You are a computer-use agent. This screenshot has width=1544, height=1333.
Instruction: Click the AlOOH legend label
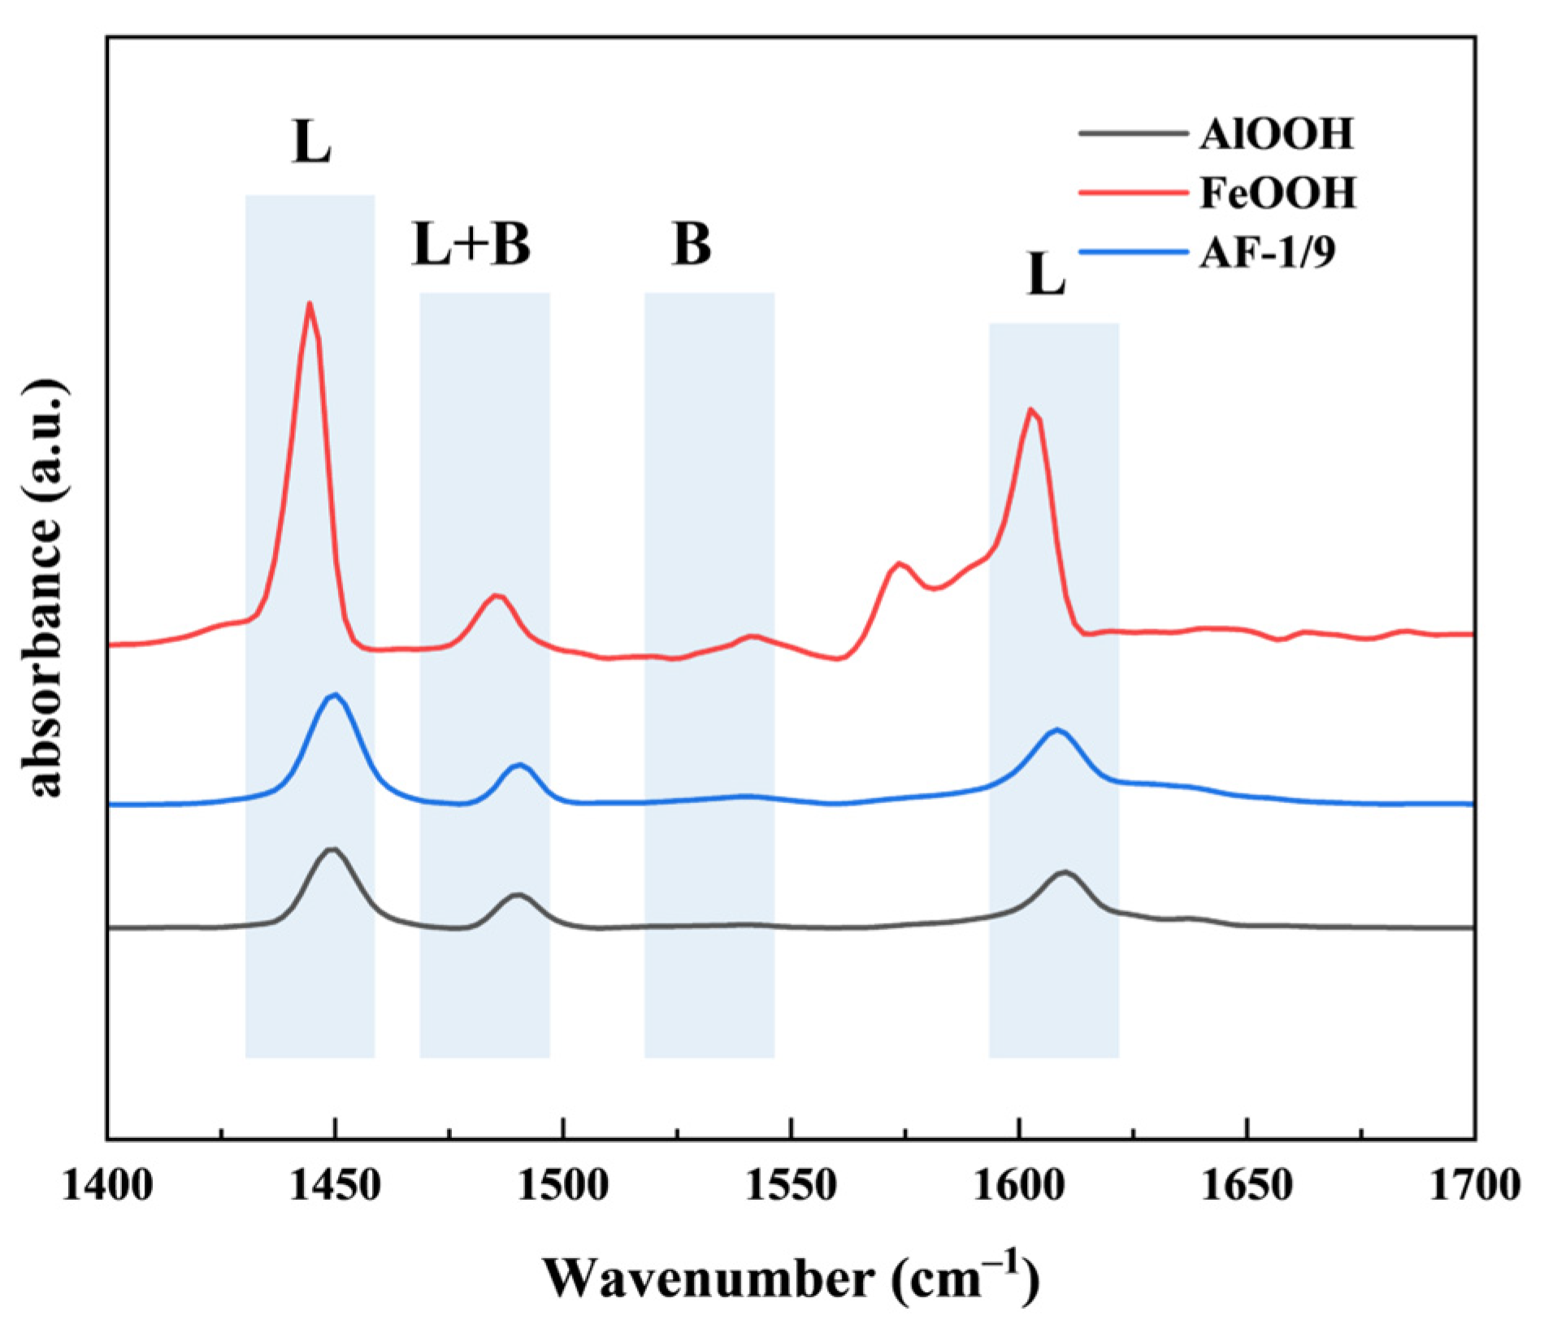pyautogui.click(x=1276, y=132)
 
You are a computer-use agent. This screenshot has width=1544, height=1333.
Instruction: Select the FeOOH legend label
pyautogui.click(x=1277, y=193)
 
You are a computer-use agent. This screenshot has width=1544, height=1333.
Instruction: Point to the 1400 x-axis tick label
pyautogui.click(x=106, y=1187)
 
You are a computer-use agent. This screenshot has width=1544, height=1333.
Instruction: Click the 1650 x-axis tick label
pyautogui.click(x=1247, y=1187)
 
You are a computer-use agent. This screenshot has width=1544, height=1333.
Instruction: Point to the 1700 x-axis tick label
pyautogui.click(x=1472, y=1187)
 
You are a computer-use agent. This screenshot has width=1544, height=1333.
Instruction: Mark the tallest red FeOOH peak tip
pyautogui.click(x=310, y=303)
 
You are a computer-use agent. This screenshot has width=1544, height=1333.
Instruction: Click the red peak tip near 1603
pyautogui.click(x=1030, y=409)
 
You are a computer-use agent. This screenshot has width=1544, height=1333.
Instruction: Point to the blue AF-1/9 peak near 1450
pyautogui.click(x=334, y=694)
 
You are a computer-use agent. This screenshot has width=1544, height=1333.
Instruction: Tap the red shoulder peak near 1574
pyautogui.click(x=899, y=562)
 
